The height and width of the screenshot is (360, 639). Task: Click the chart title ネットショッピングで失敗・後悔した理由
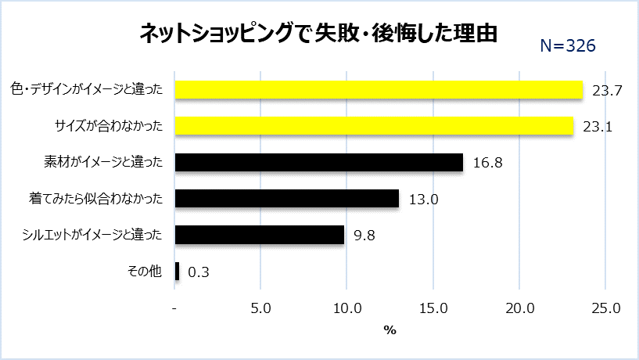[x=318, y=33]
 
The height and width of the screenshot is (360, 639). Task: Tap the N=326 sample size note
[x=569, y=46]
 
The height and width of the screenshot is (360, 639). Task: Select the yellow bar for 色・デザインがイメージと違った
[x=379, y=90]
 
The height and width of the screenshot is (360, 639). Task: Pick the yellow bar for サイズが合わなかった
[x=374, y=126]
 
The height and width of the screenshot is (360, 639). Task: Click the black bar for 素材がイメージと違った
[x=319, y=162]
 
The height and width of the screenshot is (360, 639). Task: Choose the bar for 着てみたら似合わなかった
[x=287, y=199]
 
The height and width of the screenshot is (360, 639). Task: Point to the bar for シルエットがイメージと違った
[x=260, y=235]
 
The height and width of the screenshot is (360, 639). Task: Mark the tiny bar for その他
[x=178, y=272]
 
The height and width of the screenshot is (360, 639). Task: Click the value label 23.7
[x=607, y=91]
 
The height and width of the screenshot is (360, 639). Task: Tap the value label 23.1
[x=597, y=127]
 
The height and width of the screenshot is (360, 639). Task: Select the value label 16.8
[x=487, y=163]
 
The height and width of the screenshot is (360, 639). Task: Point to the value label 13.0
[x=423, y=200]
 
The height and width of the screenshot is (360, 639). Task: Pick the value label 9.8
[x=364, y=236]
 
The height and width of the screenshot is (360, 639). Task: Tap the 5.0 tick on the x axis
[x=261, y=308]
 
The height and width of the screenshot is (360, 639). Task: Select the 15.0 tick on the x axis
[x=434, y=308]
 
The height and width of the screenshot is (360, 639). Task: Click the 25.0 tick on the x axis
[x=606, y=308]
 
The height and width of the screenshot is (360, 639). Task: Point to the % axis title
[x=390, y=330]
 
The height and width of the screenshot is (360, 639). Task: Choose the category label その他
[x=144, y=272]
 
